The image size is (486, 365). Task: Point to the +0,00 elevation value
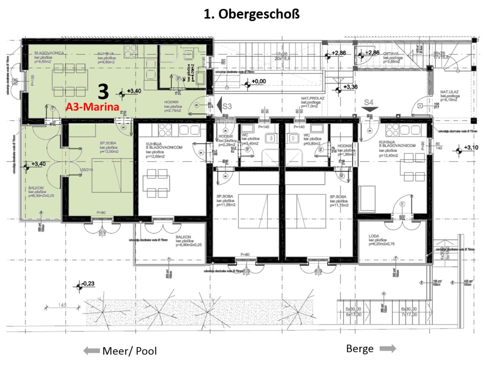(x=259, y=82)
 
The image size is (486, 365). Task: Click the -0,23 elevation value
(x=88, y=284)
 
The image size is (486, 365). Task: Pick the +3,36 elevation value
(x=350, y=87)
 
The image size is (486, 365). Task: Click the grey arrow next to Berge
(x=388, y=349)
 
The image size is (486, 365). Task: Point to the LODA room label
(x=374, y=236)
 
